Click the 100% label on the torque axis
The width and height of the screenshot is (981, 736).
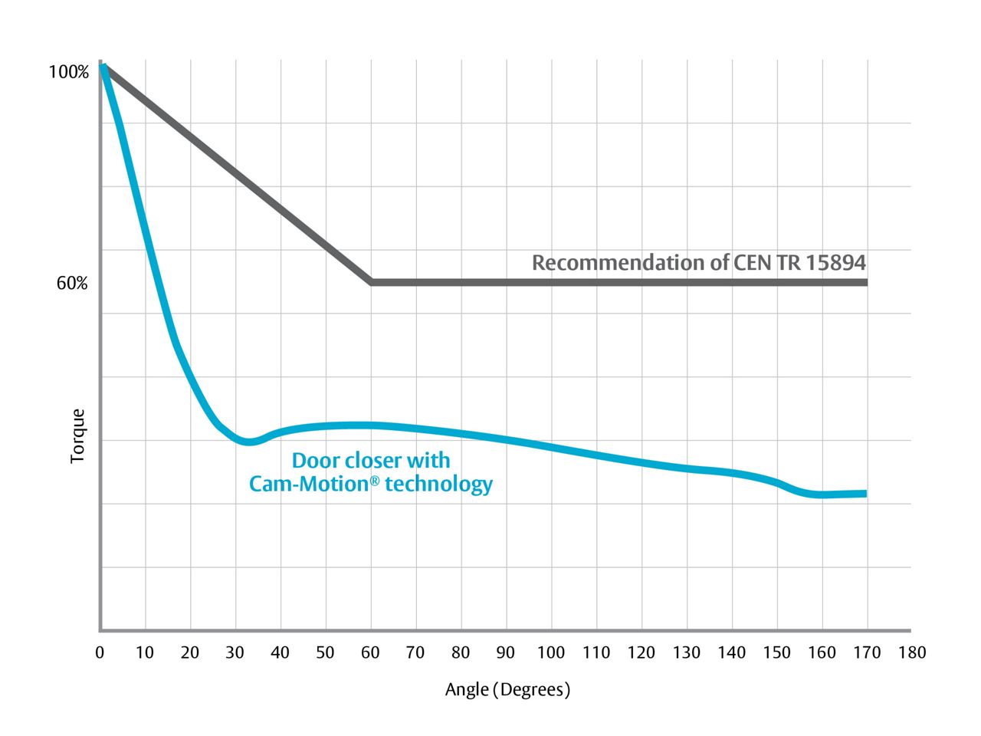pos(69,73)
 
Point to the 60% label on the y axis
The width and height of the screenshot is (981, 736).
pos(72,284)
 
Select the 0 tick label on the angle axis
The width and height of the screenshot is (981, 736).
pos(100,653)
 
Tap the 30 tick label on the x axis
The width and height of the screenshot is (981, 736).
pos(235,653)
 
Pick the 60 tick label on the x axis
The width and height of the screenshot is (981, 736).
pos(371,653)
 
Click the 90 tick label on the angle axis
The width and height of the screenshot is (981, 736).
pos(506,653)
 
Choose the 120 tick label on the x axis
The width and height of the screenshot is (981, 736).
pos(641,653)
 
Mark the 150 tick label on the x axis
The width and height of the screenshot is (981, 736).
pos(777,653)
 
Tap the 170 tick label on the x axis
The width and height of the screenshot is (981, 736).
pos(867,653)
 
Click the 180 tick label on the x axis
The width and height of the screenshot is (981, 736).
pos(912,653)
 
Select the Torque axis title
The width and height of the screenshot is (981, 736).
pos(77,436)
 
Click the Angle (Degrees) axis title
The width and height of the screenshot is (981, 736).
pos(507,690)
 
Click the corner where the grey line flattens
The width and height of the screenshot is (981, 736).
pos(372,282)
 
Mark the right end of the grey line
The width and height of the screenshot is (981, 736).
pos(867,282)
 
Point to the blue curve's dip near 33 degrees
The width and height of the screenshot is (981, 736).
pos(248,441)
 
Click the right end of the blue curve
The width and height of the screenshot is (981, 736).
pos(865,494)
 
